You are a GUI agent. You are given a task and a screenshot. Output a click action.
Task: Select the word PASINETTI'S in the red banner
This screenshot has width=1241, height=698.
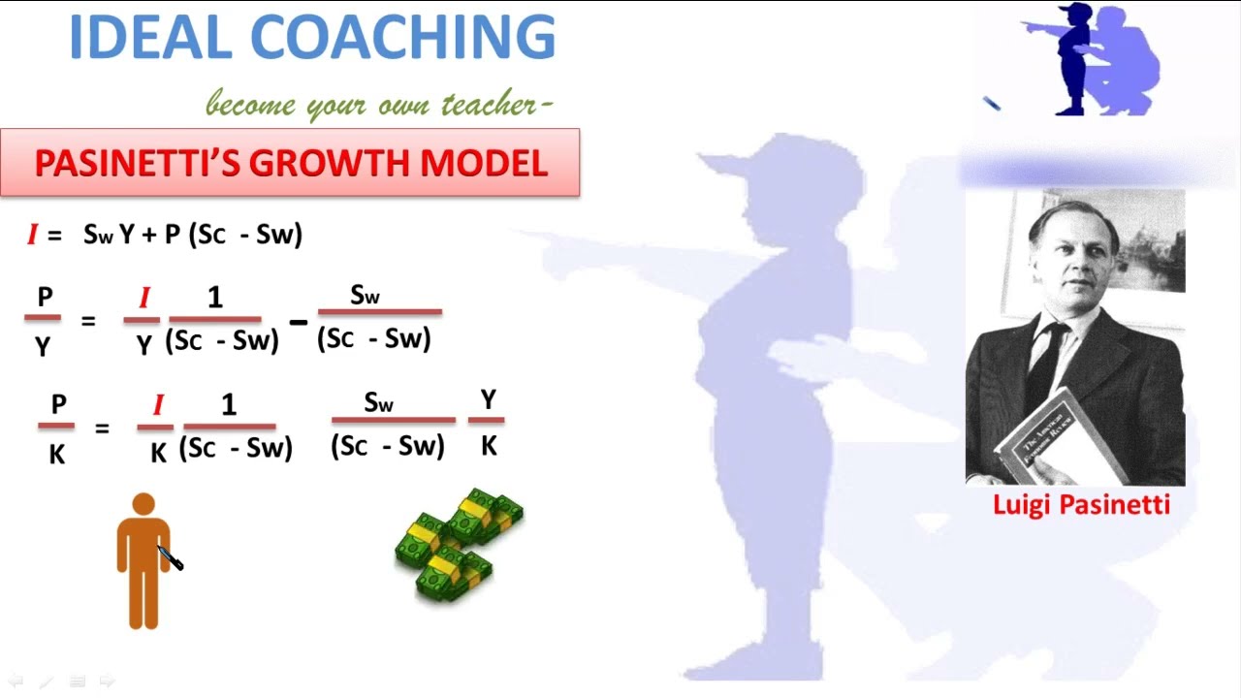pyautogui.click(x=135, y=163)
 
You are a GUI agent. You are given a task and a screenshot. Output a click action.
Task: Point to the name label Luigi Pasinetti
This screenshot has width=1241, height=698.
pyautogui.click(x=1081, y=504)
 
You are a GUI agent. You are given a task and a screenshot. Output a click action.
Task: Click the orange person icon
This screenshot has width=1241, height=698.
pyautogui.click(x=143, y=561)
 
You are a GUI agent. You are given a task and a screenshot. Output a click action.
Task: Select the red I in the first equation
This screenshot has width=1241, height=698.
pyautogui.click(x=32, y=234)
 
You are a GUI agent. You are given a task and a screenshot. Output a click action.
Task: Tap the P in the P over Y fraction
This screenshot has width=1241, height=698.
pyautogui.click(x=44, y=298)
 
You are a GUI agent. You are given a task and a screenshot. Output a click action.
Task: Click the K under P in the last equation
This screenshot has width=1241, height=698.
pyautogui.click(x=57, y=453)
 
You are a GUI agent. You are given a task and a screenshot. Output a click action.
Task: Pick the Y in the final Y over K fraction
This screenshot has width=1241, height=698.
pyautogui.click(x=488, y=399)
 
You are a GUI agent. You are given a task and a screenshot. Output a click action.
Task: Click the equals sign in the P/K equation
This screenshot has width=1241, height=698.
pyautogui.click(x=102, y=428)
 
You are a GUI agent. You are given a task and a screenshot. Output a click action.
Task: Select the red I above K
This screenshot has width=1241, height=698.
pyautogui.click(x=158, y=405)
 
